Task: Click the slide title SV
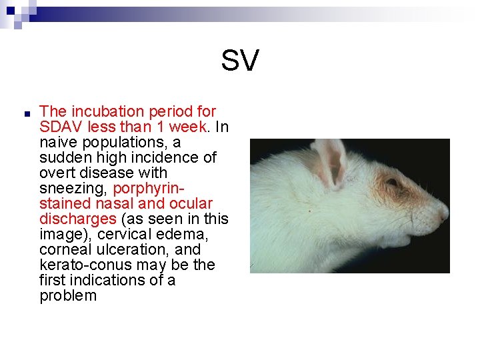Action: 239,61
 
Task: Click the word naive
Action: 57,142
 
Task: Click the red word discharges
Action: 77,219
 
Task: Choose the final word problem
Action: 68,295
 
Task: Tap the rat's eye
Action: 392,182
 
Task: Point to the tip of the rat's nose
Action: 447,215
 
